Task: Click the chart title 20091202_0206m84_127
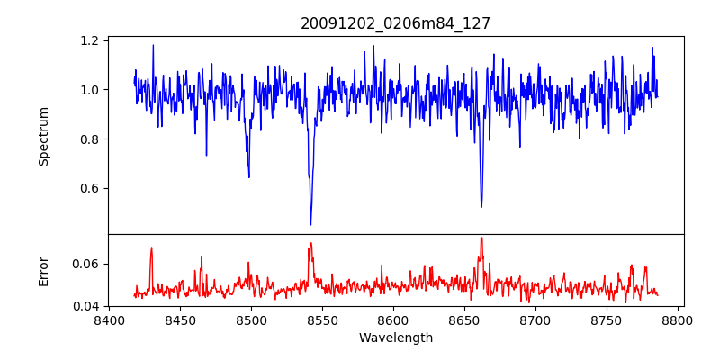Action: coord(396,23)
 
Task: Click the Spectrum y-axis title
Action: coord(44,136)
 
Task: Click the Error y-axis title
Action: coord(44,270)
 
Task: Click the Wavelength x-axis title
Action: coord(396,338)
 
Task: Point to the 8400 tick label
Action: coord(109,319)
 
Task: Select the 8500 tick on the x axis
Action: coord(251,319)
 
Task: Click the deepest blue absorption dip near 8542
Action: coord(310,224)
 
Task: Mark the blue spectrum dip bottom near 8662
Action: coord(481,206)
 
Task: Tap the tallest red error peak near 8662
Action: coord(481,238)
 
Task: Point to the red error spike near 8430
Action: coord(151,248)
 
